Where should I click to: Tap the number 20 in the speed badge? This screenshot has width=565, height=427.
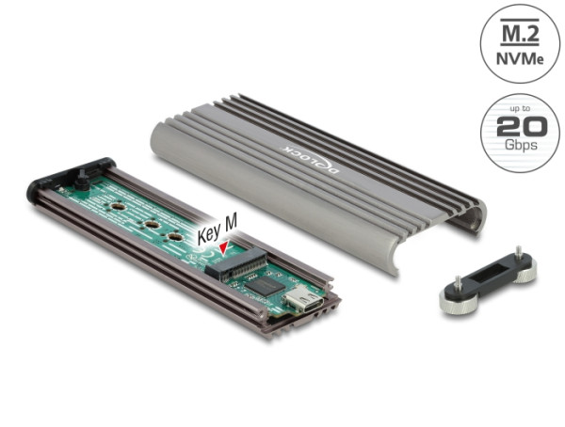point(513,129)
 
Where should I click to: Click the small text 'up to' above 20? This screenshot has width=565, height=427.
point(513,109)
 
